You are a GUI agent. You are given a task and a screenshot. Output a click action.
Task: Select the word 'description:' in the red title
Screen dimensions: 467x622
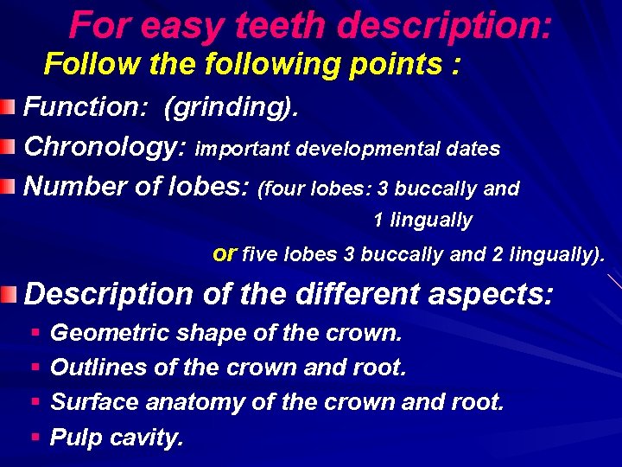tap(444, 28)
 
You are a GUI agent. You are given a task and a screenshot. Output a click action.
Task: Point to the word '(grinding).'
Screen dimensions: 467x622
tap(232, 108)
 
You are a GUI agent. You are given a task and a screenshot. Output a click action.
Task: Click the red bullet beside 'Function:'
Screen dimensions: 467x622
tap(9, 107)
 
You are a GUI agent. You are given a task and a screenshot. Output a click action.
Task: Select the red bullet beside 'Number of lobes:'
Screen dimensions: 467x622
tap(9, 185)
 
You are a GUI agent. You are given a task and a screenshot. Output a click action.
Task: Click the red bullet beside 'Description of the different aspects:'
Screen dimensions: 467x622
tap(9, 295)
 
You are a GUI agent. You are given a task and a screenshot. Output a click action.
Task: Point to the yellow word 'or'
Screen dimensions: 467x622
tap(224, 254)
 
